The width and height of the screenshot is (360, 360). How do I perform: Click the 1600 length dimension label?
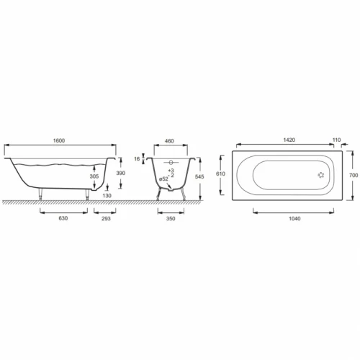tap(59, 140)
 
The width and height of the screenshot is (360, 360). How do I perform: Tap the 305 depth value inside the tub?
tap(94, 176)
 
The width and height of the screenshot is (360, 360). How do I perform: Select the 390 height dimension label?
tap(120, 173)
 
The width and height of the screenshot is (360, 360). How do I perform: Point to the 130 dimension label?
tap(107, 196)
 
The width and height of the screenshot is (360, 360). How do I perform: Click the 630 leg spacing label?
tap(63, 218)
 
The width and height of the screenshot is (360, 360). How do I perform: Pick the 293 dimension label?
tap(106, 218)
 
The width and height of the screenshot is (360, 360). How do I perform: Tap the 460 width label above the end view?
tap(169, 141)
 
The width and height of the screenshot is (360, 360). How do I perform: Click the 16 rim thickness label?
tap(137, 159)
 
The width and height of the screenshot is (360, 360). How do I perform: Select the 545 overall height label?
tap(199, 176)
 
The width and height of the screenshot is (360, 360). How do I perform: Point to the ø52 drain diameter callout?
tap(163, 179)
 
